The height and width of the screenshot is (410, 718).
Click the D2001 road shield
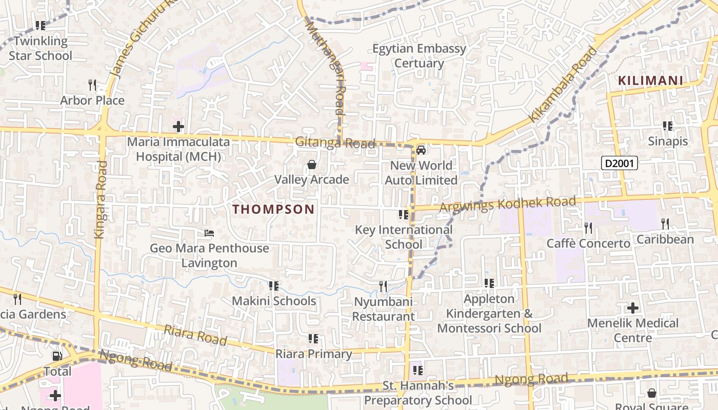(x=620, y=163)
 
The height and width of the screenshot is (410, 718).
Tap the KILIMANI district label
(x=650, y=80)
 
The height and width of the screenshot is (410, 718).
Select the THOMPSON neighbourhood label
(x=273, y=209)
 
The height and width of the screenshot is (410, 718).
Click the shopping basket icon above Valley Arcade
(x=311, y=165)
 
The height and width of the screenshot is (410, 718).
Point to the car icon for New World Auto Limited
(x=421, y=150)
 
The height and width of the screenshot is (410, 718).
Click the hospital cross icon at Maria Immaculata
(x=178, y=126)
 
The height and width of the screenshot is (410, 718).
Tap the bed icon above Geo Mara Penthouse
(x=209, y=233)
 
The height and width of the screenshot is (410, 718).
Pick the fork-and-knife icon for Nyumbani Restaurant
(x=383, y=286)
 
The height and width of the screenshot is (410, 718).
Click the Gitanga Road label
(x=335, y=142)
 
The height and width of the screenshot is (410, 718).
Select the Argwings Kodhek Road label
(x=508, y=204)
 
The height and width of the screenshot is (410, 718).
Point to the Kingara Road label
(x=100, y=200)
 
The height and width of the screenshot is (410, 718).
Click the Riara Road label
(x=195, y=335)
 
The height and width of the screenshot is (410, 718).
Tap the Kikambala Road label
(x=564, y=84)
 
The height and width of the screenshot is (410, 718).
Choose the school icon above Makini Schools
(x=274, y=285)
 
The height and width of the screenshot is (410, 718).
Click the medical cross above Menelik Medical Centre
(x=633, y=308)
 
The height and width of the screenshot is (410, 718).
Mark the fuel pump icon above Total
(x=57, y=356)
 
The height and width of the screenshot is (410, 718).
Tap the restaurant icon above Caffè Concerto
(x=588, y=227)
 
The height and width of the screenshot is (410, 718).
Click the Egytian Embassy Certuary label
(x=420, y=56)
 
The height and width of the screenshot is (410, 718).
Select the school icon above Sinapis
(x=667, y=126)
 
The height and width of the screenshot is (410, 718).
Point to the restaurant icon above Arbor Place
(x=92, y=84)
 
